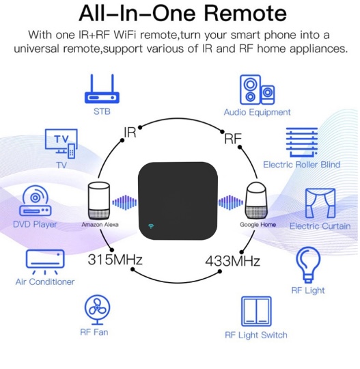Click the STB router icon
tap(102, 89)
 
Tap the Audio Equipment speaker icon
tap(257, 90)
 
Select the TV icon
tap(61, 143)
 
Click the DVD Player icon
tap(36, 201)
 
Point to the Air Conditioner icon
tap(45, 262)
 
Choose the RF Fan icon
tap(97, 310)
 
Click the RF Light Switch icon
tap(256, 312)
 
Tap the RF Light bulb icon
tap(308, 264)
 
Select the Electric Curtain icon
tap(320, 204)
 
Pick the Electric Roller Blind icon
tap(302, 142)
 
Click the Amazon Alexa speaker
tap(99, 201)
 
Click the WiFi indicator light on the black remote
tap(151, 226)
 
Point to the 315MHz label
tap(115, 260)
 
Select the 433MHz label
tap(232, 261)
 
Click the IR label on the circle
tap(130, 133)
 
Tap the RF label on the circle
tap(233, 138)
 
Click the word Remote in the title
tap(245, 14)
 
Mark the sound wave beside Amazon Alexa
tap(124, 202)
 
